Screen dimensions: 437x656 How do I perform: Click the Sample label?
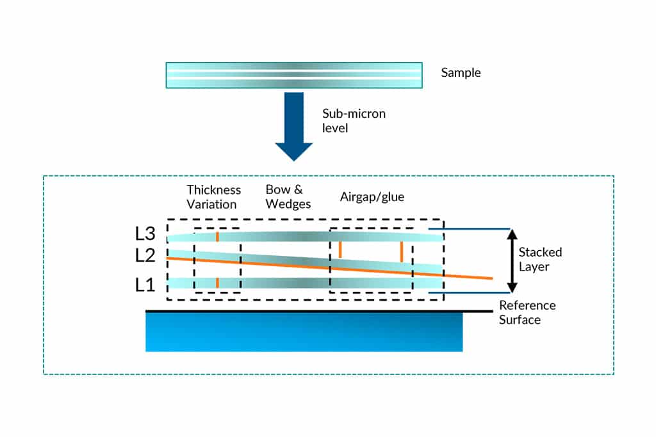(x=461, y=73)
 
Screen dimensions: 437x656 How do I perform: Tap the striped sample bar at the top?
(x=293, y=75)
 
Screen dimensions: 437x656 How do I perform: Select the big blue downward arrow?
(x=294, y=127)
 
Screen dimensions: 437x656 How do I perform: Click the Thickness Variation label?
(x=213, y=197)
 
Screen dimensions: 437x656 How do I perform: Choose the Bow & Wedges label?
(x=288, y=197)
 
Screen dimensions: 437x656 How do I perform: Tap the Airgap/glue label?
(x=372, y=197)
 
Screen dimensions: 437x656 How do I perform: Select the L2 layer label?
(x=146, y=256)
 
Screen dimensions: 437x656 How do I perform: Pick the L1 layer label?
(x=145, y=285)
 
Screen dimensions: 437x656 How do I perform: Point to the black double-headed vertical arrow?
(x=511, y=260)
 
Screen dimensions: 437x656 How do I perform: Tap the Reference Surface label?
(x=527, y=312)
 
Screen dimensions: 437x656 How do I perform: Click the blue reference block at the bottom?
(x=304, y=332)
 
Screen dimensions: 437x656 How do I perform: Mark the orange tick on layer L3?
(x=217, y=237)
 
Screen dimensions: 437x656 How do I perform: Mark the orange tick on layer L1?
(x=217, y=282)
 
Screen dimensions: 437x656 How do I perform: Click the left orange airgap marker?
(x=340, y=249)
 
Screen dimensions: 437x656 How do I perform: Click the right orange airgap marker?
(x=401, y=251)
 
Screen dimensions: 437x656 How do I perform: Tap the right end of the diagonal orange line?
(x=491, y=278)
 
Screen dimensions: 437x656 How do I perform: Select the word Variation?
(x=211, y=205)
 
